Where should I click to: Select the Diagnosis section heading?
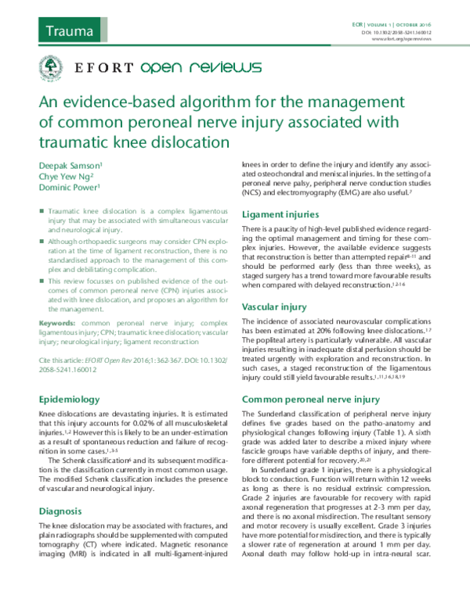(x=61, y=489)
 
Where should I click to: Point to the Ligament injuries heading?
(x=280, y=214)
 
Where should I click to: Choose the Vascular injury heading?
(x=275, y=307)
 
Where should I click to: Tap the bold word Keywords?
(x=58, y=321)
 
